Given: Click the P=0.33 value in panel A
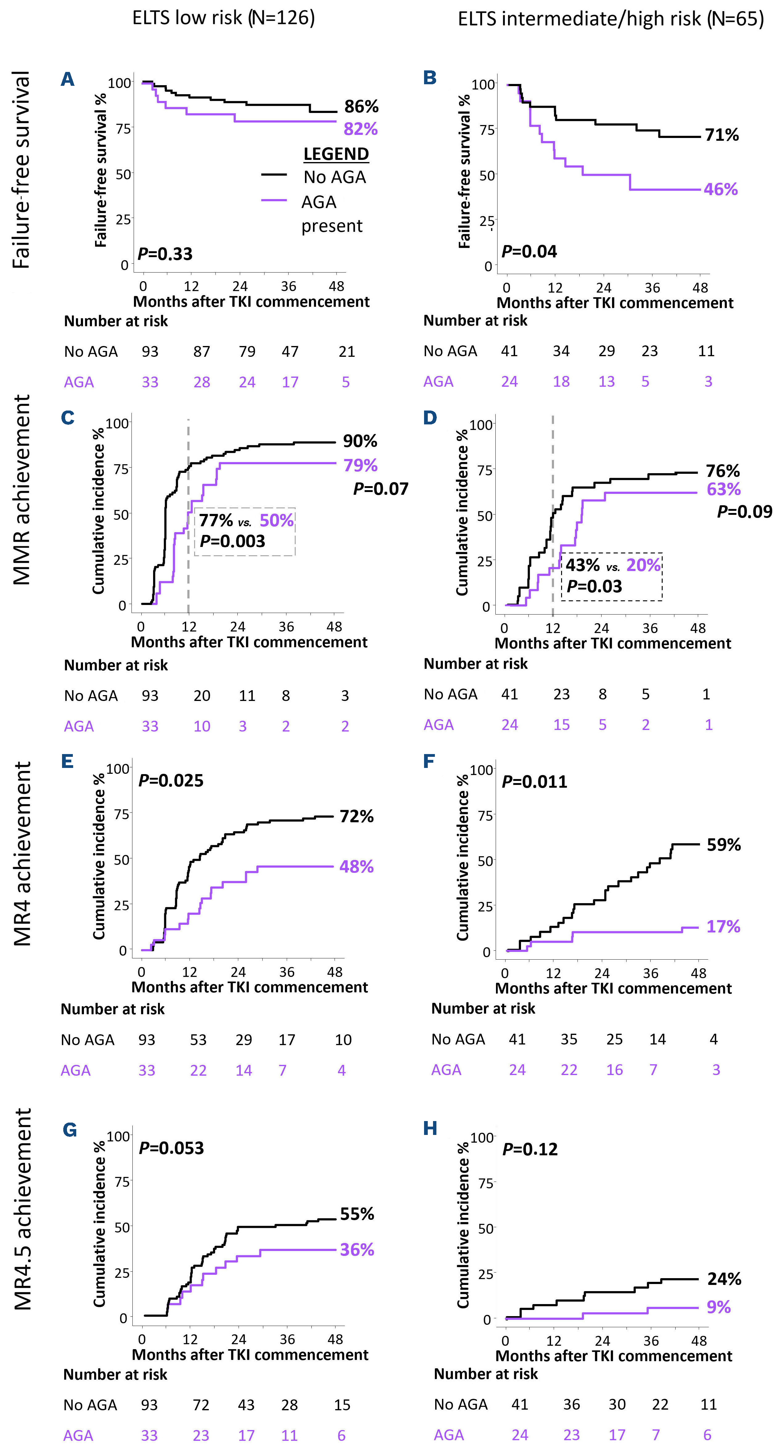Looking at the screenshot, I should (165, 254).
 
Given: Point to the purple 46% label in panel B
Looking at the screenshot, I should (720, 189).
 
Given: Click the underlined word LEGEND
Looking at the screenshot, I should (336, 154).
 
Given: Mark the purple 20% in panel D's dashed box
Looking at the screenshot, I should (643, 565).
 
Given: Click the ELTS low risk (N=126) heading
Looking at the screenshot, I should (223, 18).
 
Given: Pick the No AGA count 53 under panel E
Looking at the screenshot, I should (198, 1040).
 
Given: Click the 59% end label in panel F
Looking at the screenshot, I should (724, 845).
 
